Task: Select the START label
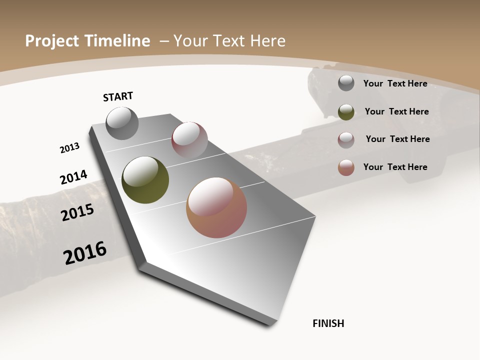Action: coord(118,96)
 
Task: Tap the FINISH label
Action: coord(328,323)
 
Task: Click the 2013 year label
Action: coord(69,148)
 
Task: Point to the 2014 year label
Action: coord(74,177)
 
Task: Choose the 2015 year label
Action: coord(77,212)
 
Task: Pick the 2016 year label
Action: coord(85,253)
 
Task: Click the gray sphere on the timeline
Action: coord(122,123)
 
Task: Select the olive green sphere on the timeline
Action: coord(145,180)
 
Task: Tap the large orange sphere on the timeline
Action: coord(216,207)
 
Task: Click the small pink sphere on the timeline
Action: coord(189,139)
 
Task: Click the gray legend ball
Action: coord(346,83)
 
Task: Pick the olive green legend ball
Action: coord(346,112)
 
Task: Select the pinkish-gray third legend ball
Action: coord(346,140)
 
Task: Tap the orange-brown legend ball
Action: coord(346,167)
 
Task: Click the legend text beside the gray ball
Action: coord(395,83)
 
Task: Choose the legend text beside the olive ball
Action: coord(396,111)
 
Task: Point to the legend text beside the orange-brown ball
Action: coord(395,167)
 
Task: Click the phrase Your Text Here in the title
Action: coord(229,41)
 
